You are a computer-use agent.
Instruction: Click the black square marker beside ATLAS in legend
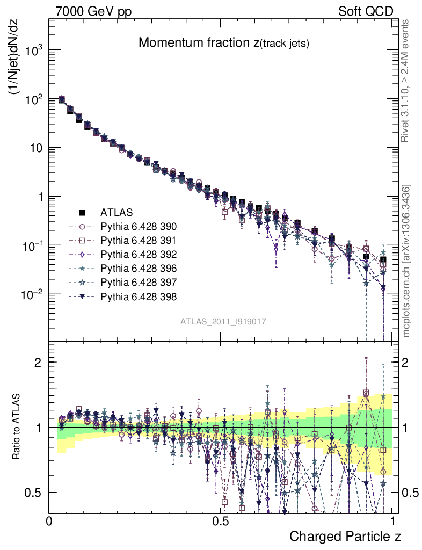(x=83, y=212)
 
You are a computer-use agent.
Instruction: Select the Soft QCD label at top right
(x=366, y=11)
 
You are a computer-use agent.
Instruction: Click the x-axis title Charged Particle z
(x=345, y=537)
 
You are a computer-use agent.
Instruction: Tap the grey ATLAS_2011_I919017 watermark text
(x=223, y=321)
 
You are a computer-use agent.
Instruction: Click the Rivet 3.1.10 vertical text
(x=406, y=81)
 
